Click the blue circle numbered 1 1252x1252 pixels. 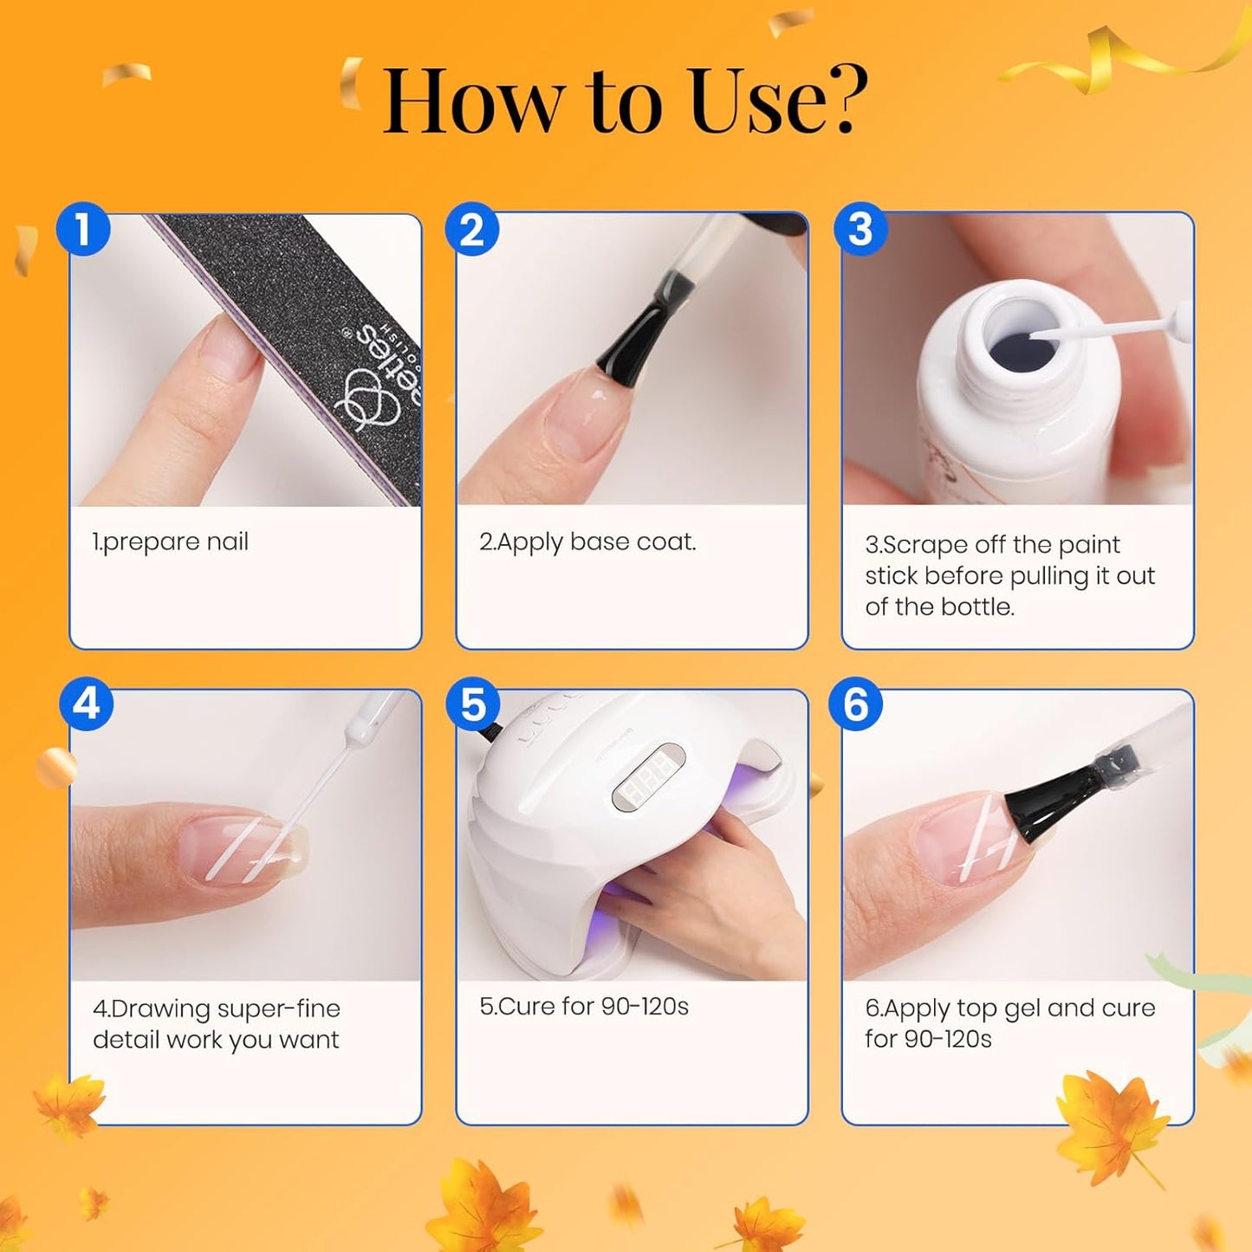[83, 230]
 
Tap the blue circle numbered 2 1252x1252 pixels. [471, 230]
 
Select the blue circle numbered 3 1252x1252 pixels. [860, 230]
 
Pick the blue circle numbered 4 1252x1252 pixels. [87, 704]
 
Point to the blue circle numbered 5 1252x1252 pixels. [473, 704]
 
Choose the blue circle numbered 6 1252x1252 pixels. [856, 704]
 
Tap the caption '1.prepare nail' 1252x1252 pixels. [171, 542]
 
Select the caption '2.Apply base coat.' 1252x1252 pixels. [587, 542]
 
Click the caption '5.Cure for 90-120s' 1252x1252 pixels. [584, 1007]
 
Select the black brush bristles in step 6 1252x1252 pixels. [1048, 801]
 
